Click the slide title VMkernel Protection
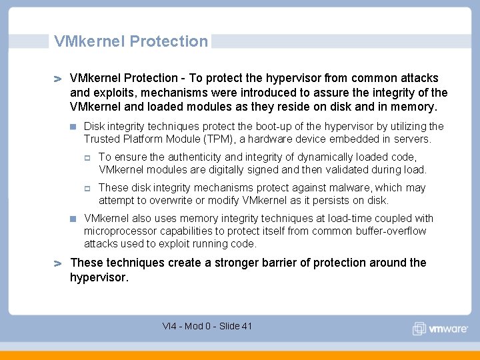[x=131, y=41]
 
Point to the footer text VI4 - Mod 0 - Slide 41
[x=207, y=326]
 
